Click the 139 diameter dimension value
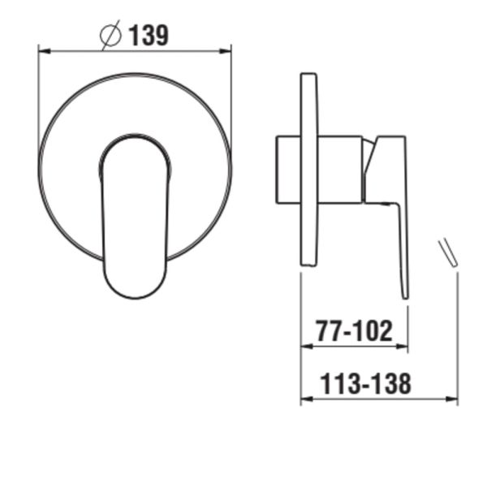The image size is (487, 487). click(147, 36)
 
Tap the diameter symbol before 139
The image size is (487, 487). click(110, 37)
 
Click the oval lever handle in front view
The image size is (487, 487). click(135, 211)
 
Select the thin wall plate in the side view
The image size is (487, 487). click(309, 169)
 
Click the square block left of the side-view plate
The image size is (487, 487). click(289, 170)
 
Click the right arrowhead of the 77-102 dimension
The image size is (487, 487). click(403, 347)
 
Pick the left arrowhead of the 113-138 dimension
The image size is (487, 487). click(306, 399)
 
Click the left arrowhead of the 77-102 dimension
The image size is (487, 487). click(306, 347)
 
